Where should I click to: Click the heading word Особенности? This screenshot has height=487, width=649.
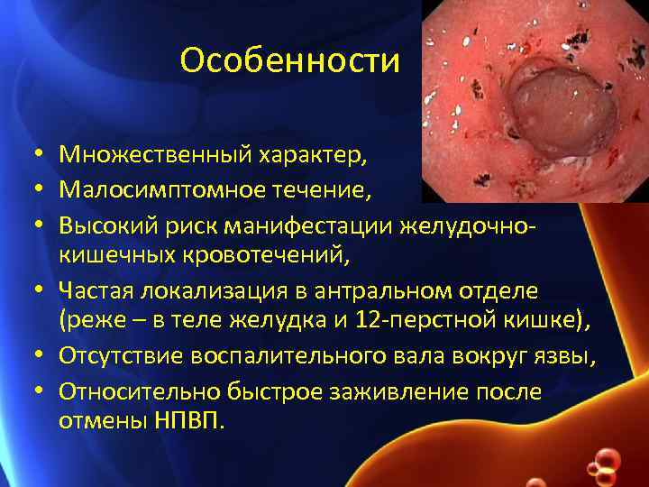pos(289,60)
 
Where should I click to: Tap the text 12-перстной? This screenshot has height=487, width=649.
pos(425,321)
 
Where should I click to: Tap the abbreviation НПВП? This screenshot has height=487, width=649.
pos(187,421)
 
